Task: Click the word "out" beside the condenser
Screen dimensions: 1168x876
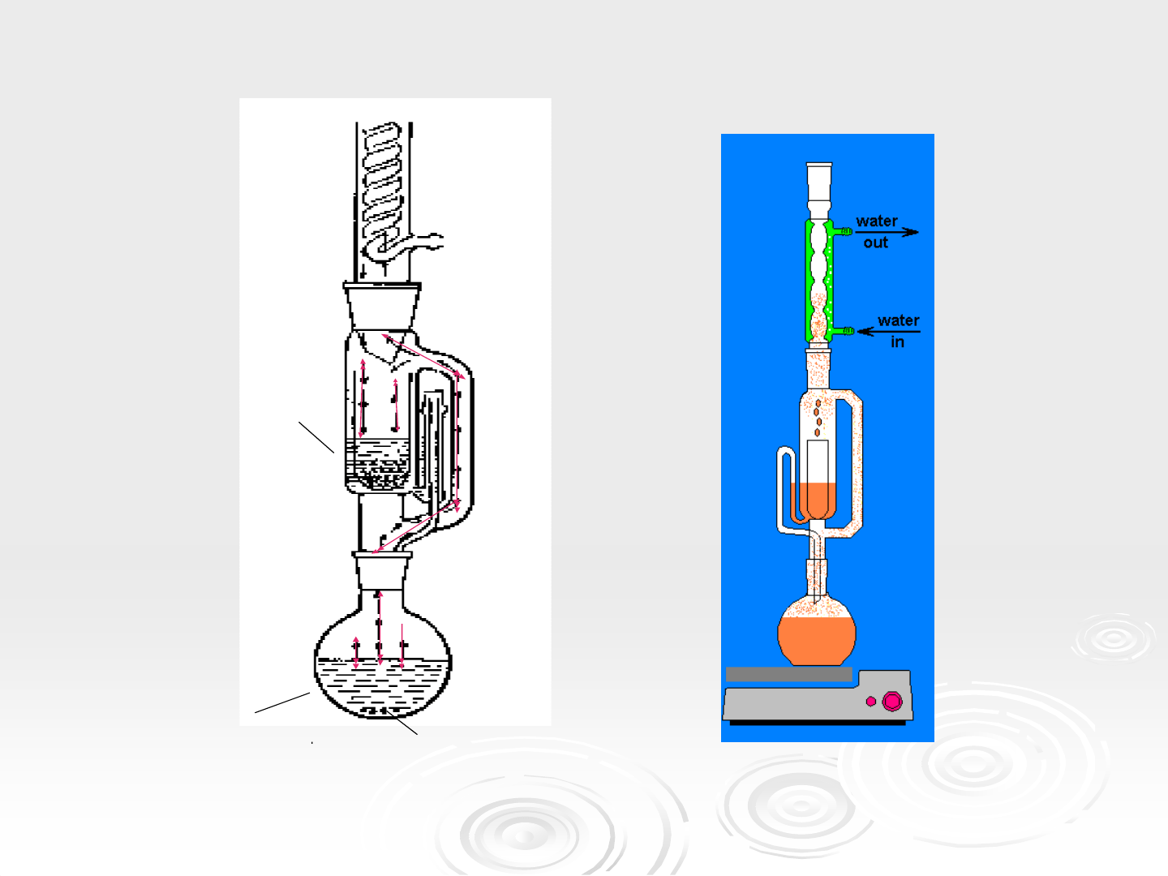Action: click(x=875, y=243)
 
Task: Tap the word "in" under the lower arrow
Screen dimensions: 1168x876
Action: click(x=897, y=342)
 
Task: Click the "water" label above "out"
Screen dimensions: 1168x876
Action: click(x=876, y=221)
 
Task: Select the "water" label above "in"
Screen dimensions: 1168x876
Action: click(x=898, y=320)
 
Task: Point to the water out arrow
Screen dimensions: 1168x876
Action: click(x=887, y=232)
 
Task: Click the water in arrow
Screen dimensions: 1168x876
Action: click(x=889, y=332)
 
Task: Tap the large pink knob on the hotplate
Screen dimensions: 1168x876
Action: click(x=892, y=701)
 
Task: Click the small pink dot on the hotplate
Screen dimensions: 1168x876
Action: click(x=871, y=701)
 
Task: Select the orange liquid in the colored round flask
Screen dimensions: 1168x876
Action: click(x=816, y=641)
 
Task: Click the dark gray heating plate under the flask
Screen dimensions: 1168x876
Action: click(x=788, y=674)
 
